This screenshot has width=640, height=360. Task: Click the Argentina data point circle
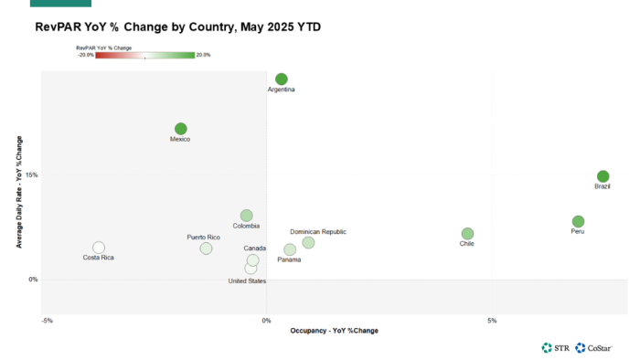tap(282, 79)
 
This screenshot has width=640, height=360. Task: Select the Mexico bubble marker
tap(181, 129)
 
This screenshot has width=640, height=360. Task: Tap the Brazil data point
tap(603, 176)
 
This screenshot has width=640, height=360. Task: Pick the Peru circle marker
tap(578, 221)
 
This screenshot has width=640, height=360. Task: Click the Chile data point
tap(467, 234)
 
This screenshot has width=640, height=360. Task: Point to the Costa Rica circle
tap(99, 248)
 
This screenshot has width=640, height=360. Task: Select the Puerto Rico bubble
tap(206, 249)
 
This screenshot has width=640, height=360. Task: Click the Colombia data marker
tap(246, 216)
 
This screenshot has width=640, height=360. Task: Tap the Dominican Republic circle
tap(308, 242)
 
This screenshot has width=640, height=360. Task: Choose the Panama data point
tap(290, 249)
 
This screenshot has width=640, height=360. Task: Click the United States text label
tap(247, 281)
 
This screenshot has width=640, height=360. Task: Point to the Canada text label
tap(255, 249)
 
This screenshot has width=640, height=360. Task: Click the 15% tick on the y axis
tap(32, 175)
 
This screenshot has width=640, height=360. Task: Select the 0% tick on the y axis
tap(33, 280)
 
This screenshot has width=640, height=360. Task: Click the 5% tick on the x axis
tap(492, 321)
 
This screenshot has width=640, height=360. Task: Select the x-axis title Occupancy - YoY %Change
tap(334, 330)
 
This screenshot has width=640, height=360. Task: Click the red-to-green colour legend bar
tap(144, 55)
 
